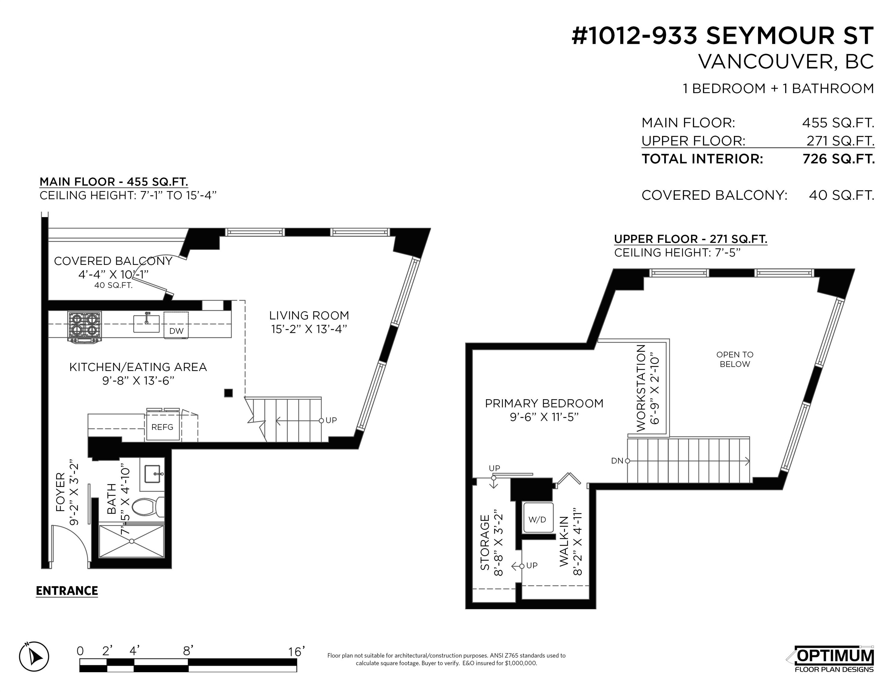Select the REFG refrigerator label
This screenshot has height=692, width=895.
point(162,427)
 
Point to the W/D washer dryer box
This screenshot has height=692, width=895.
point(537,519)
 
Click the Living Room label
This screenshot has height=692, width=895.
point(309,316)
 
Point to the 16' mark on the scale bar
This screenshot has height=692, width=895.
point(296,651)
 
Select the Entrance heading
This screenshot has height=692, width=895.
point(67,591)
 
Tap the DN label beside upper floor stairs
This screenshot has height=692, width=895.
point(617,461)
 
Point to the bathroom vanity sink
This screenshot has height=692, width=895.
point(154,474)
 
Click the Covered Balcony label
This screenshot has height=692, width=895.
point(113,261)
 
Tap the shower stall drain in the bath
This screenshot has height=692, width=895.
point(132,541)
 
